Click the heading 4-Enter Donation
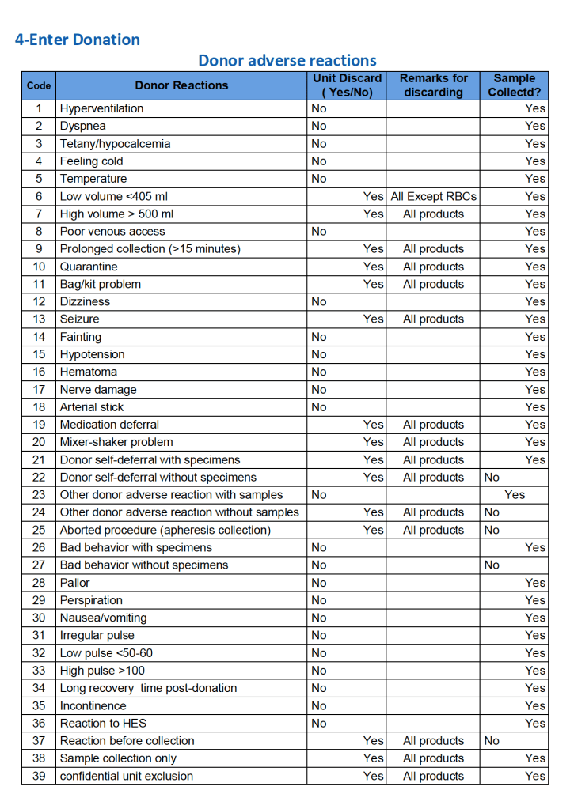78,40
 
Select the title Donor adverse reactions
287,61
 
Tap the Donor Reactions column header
181,85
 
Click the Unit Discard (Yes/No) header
347,85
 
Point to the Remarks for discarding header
433,85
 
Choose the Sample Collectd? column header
514,85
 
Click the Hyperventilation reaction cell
102,108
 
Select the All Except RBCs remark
433,196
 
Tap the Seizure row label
80,319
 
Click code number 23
39,495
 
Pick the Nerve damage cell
98,390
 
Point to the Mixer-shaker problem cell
116,442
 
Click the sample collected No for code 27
492,565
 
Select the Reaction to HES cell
103,724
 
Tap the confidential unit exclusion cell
127,776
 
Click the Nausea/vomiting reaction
104,618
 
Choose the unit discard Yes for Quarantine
373,267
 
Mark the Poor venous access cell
112,232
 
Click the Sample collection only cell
119,758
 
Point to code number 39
39,776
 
